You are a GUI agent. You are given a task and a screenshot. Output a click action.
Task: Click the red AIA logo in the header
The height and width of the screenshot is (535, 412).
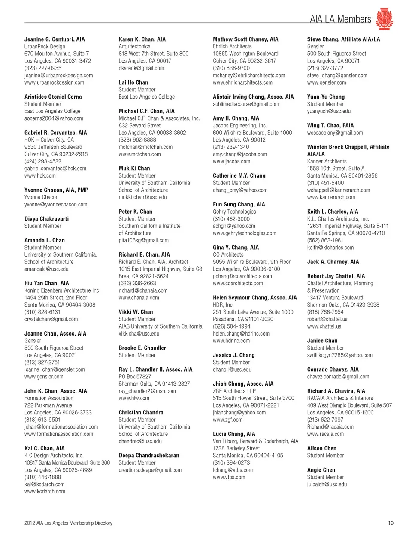(x=384, y=19)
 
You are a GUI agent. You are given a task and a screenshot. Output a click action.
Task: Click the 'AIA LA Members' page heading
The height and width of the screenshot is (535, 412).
(x=340, y=19)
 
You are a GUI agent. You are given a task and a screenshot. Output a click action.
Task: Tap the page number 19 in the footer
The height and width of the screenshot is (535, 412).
(x=391, y=523)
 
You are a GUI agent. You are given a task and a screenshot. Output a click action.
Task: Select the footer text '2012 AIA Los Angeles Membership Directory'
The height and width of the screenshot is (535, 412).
(x=68, y=523)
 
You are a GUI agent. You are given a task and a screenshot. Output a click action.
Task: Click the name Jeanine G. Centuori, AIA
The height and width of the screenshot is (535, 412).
(x=55, y=39)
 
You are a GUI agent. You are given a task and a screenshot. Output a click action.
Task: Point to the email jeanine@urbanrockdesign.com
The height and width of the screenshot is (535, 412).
(x=58, y=76)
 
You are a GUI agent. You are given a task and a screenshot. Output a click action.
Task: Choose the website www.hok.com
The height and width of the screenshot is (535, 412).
(x=40, y=176)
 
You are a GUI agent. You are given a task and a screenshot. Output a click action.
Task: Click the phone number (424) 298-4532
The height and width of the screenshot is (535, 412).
(x=43, y=162)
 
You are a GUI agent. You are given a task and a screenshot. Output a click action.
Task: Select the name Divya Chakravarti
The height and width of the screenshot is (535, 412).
(x=46, y=219)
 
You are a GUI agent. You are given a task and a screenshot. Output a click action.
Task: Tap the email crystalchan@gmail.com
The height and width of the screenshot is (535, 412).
(x=51, y=319)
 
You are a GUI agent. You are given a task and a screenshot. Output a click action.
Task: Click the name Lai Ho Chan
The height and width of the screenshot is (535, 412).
(x=133, y=82)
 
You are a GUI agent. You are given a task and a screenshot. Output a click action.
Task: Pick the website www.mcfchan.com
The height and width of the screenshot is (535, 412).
(x=139, y=154)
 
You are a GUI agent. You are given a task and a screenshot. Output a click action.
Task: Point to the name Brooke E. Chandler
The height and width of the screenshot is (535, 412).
(x=142, y=348)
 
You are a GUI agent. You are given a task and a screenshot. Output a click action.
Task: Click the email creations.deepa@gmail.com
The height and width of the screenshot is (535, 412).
(x=150, y=470)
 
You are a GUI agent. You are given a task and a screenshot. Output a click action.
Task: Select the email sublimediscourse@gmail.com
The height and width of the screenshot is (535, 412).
(x=246, y=104)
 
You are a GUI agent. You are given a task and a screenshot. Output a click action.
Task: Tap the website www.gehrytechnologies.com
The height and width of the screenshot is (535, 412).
(x=245, y=233)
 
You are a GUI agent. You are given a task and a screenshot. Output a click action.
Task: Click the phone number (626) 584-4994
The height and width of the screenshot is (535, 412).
(x=231, y=326)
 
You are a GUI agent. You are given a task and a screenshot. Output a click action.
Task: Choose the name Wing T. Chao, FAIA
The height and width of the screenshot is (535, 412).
(x=330, y=126)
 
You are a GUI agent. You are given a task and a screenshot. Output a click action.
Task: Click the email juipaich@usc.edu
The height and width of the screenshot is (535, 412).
(x=327, y=484)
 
